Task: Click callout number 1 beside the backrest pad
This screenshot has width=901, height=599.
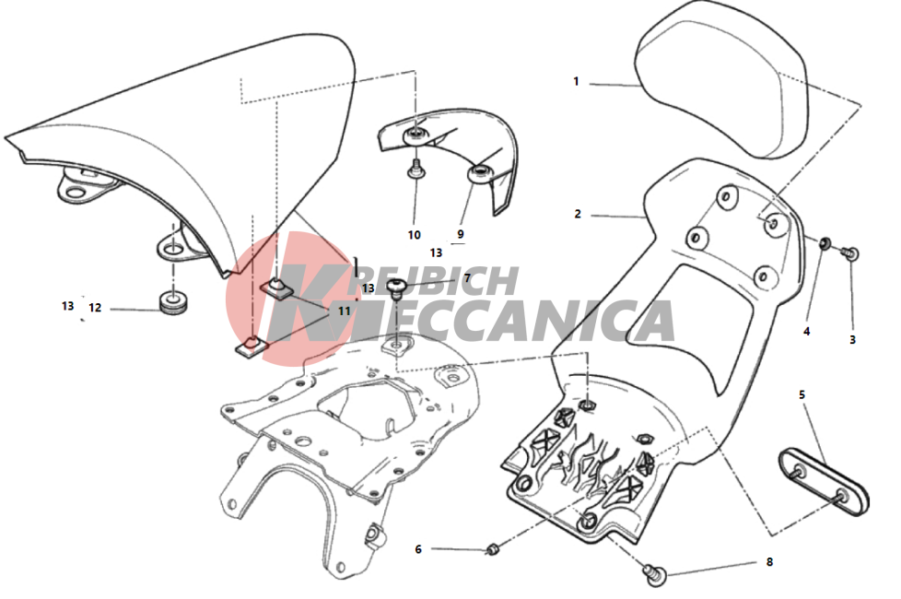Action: [576, 82]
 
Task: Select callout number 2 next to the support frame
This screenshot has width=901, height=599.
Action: [578, 214]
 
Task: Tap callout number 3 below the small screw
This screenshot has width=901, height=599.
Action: [852, 340]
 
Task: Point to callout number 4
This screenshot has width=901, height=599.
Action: [806, 331]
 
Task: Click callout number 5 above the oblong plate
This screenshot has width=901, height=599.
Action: [802, 395]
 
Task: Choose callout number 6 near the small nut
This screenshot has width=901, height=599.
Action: [418, 549]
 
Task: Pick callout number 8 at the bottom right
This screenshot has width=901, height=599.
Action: [769, 561]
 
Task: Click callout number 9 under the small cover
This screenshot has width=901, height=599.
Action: [461, 234]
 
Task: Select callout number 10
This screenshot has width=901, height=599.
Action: [414, 235]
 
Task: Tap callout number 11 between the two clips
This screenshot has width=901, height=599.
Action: [344, 311]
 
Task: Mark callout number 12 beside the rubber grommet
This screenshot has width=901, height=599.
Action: [95, 308]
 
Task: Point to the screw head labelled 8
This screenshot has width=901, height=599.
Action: [656, 574]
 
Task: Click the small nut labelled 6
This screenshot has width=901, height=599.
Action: [493, 549]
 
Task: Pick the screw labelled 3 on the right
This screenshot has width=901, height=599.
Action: [849, 253]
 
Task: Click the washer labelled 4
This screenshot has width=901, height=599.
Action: [824, 243]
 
